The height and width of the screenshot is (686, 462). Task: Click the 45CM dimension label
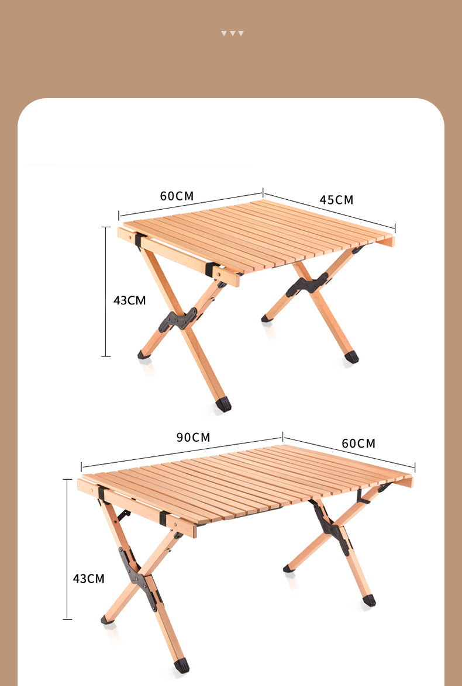pyautogui.click(x=336, y=200)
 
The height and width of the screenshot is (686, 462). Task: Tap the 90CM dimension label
pyautogui.click(x=193, y=437)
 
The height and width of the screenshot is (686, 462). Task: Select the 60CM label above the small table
pyautogui.click(x=177, y=196)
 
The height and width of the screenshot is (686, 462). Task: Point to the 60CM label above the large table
pyautogui.click(x=358, y=443)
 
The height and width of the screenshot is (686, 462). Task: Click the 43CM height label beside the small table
pyautogui.click(x=130, y=300)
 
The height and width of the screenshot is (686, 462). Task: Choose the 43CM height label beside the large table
pyautogui.click(x=89, y=578)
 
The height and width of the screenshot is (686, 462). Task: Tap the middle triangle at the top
pyautogui.click(x=233, y=33)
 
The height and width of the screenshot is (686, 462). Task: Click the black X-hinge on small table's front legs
pyautogui.click(x=178, y=320)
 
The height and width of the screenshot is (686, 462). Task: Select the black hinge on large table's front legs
pyautogui.click(x=138, y=577)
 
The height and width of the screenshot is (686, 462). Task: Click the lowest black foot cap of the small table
pyautogui.click(x=223, y=404)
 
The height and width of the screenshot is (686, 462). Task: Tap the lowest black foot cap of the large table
pyautogui.click(x=182, y=666)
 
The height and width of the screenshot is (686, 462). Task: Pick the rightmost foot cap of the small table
pyautogui.click(x=351, y=357)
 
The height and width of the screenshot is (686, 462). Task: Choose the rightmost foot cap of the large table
pyautogui.click(x=369, y=600)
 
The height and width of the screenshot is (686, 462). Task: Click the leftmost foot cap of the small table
pyautogui.click(x=144, y=355)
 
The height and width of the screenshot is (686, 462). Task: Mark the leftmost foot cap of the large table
pyautogui.click(x=107, y=619)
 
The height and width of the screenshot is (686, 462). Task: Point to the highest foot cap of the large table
pyautogui.click(x=289, y=569)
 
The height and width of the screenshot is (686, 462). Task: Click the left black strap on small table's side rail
pyautogui.click(x=139, y=240)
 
